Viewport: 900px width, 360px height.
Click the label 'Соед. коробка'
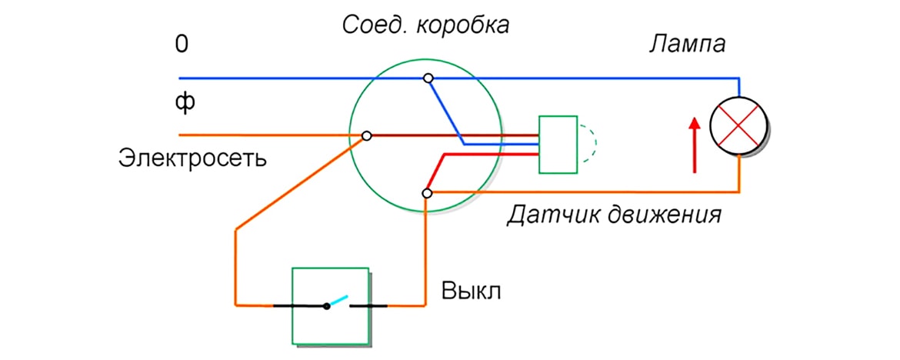pos(425,25)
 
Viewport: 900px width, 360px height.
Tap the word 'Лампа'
pos(686,45)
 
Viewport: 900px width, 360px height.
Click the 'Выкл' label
pos(471,292)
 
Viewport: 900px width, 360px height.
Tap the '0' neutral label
pos(182,44)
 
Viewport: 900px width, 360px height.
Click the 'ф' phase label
pos(182,102)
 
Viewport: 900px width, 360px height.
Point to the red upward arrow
pos(695,145)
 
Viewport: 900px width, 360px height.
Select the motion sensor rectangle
pos(558,145)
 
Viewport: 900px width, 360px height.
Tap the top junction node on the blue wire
pos(428,78)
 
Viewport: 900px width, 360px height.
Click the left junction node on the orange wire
pos(367,135)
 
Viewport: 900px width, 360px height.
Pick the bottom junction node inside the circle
pos(428,192)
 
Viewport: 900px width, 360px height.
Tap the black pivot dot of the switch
pos(326,306)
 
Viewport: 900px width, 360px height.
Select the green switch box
pos(329,306)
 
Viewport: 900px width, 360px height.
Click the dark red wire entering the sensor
pos(462,135)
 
